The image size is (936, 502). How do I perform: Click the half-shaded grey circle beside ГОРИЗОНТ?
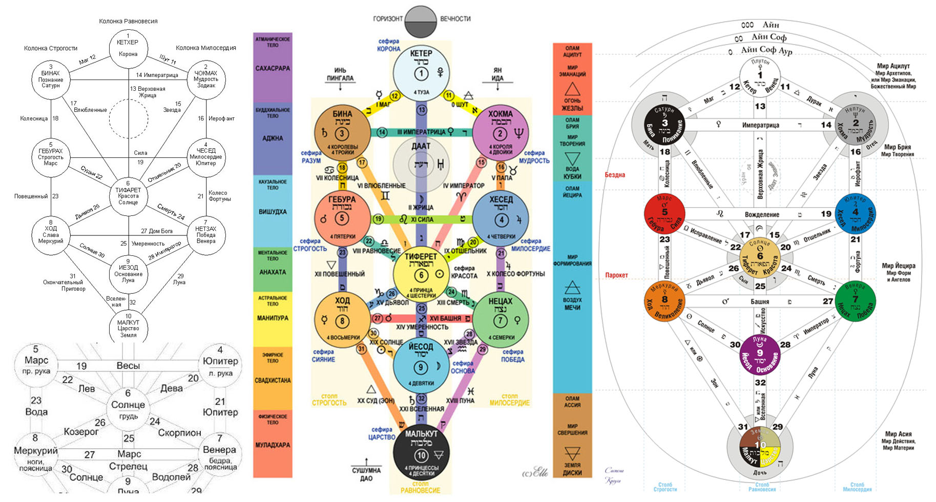point(420,22)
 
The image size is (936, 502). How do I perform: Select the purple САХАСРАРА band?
point(273,68)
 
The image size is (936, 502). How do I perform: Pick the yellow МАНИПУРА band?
point(273,318)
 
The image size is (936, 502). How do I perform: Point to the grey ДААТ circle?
point(421,164)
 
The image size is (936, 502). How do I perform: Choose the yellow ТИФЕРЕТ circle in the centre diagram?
point(421,274)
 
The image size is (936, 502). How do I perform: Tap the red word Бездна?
point(614,175)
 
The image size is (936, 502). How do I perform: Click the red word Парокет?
point(616,275)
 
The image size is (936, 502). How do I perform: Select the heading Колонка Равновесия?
point(128,21)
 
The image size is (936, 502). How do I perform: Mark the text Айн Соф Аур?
point(766,50)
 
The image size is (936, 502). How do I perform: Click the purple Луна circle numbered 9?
point(760,354)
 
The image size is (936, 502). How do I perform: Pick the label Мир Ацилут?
point(893,66)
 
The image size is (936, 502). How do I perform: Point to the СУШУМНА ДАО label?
point(366,474)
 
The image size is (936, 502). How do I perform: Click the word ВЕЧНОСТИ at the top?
point(455,19)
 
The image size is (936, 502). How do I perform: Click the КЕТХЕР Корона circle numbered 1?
point(128,48)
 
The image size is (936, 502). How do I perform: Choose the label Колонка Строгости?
point(51,48)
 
